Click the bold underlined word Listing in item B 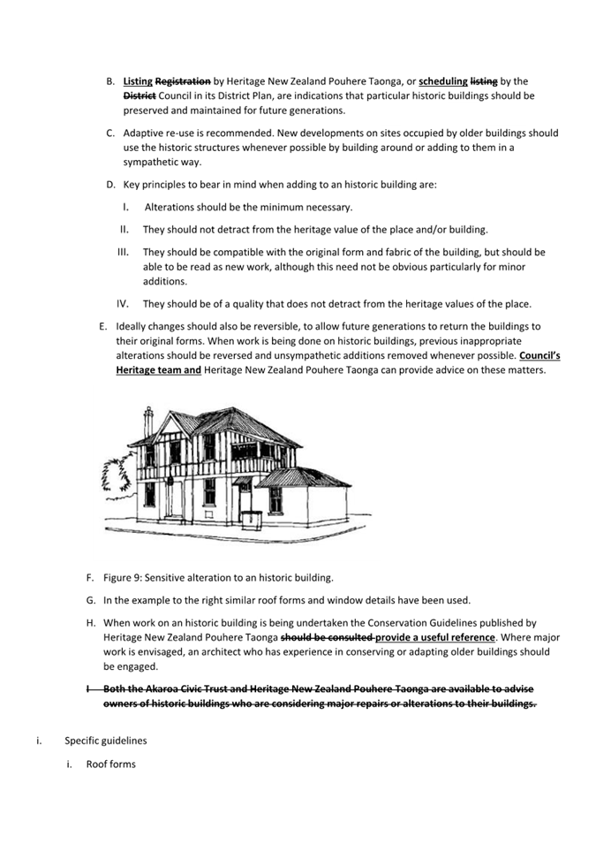[138, 80]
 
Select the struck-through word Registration [183, 80]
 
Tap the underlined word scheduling [443, 80]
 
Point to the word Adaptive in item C [143, 133]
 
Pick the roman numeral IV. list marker [124, 304]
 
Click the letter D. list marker [111, 185]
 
